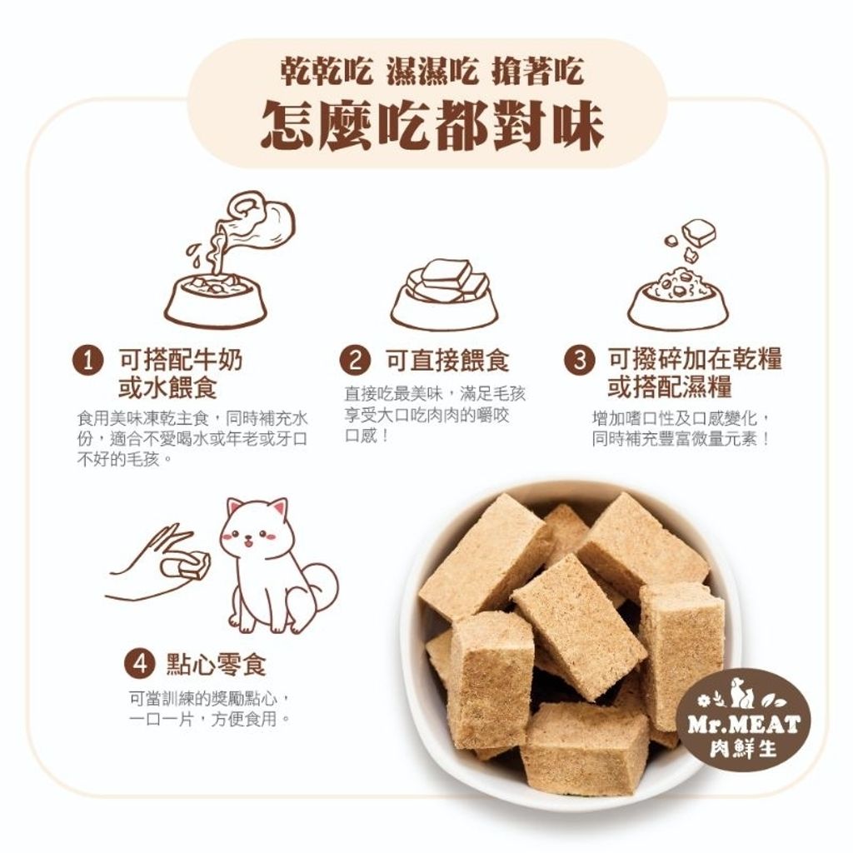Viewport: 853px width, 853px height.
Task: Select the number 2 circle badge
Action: point(355,360)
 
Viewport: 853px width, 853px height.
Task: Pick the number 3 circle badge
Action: point(580,360)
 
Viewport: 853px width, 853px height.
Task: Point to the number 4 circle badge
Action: point(140,664)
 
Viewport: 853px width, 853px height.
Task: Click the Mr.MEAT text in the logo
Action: point(744,725)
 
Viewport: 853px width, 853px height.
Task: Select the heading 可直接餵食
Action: point(447,360)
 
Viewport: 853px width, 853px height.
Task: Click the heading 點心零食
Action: point(217,664)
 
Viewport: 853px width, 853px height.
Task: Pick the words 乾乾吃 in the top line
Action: point(327,71)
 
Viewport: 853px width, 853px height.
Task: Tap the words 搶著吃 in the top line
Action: point(538,71)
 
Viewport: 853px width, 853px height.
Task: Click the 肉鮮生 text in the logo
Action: point(744,749)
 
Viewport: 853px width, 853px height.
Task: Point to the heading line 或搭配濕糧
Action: point(670,387)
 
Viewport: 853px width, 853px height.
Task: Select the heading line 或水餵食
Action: point(167,387)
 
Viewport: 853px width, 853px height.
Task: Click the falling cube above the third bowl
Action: point(699,232)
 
